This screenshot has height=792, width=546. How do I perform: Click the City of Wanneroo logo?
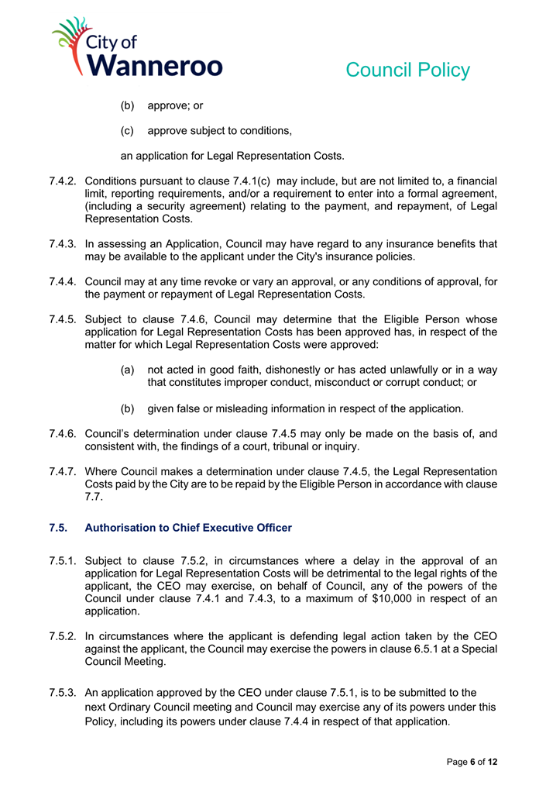(136, 48)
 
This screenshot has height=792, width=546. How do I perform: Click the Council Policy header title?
(407, 70)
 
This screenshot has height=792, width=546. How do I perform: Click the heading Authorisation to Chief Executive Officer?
(187, 528)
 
